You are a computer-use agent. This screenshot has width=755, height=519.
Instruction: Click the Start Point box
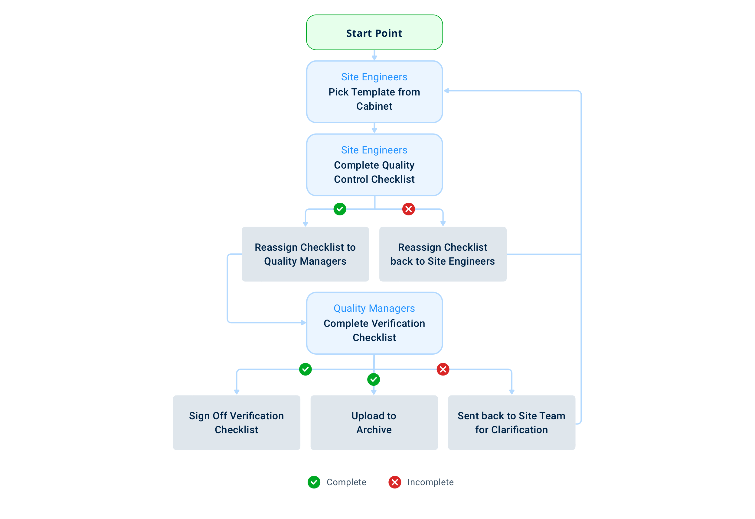pyautogui.click(x=374, y=33)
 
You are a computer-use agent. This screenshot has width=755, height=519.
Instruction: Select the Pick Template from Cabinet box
pyautogui.click(x=374, y=92)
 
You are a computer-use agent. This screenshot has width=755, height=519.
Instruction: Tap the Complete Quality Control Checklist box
pyautogui.click(x=374, y=165)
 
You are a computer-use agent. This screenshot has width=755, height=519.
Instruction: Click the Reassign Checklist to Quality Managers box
pyautogui.click(x=305, y=254)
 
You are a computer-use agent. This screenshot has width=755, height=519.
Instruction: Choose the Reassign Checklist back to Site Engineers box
pyautogui.click(x=443, y=254)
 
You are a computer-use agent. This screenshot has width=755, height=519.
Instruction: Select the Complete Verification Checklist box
pyautogui.click(x=374, y=323)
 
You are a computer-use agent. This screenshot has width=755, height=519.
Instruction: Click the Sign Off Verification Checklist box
pyautogui.click(x=236, y=423)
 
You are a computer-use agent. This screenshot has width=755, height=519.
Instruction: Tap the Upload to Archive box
pyautogui.click(x=374, y=423)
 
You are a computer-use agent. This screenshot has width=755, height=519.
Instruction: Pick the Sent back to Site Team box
pyautogui.click(x=511, y=423)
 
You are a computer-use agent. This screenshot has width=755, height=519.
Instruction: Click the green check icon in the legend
pyautogui.click(x=314, y=482)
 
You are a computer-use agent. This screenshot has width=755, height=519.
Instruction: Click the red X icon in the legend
pyautogui.click(x=395, y=482)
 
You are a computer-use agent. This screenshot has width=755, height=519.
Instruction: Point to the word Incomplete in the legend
pyautogui.click(x=430, y=482)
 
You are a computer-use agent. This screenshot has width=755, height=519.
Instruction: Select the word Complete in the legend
pyautogui.click(x=346, y=482)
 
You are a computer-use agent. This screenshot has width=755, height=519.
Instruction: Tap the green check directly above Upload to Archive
pyautogui.click(x=374, y=379)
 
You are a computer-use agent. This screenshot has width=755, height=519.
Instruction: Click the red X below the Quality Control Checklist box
pyautogui.click(x=408, y=209)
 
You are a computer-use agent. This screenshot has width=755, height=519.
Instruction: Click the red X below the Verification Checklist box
pyautogui.click(x=443, y=369)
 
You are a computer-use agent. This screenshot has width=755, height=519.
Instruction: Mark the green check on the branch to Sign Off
pyautogui.click(x=305, y=369)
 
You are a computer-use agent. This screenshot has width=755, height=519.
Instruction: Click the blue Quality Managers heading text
pyautogui.click(x=374, y=308)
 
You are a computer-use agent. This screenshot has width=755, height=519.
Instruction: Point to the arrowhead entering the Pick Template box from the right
pyautogui.click(x=446, y=91)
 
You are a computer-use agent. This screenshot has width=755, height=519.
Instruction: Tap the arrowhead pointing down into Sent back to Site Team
pyautogui.click(x=512, y=392)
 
